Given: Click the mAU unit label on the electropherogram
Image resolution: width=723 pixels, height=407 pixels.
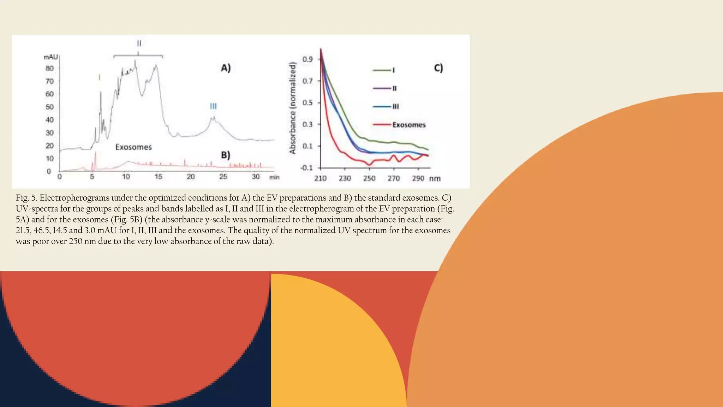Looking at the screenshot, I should point(51,57).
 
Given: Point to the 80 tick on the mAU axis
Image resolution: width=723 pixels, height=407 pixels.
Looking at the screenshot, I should point(50,68).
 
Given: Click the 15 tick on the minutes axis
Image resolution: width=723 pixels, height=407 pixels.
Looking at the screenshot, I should point(159,176).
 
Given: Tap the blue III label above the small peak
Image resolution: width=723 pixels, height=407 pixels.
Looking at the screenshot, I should point(213,106).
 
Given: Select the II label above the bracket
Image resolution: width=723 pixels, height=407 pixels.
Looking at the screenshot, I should point(139,43).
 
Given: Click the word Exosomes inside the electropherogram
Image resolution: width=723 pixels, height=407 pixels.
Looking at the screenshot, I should point(133,147).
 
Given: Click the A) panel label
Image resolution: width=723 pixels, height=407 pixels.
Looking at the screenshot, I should point(226,68).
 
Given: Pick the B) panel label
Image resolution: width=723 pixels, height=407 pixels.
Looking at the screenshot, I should point(225,155).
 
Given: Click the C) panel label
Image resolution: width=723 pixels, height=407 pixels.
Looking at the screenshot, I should point(438,68).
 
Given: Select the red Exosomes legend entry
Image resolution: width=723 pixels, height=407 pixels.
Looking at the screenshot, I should point(408,125).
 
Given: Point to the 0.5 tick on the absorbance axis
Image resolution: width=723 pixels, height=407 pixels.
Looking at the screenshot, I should point(307,103).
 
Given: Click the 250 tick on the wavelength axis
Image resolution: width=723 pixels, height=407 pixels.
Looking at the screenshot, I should point(369,178).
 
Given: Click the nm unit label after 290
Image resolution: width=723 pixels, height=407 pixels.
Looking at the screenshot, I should point(435,179).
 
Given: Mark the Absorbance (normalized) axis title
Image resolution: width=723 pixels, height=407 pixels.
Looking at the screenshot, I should point(292,108).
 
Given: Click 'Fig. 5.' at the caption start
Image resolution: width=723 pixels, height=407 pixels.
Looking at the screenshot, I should point(26,198).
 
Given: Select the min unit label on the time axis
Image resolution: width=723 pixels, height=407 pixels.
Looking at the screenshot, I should point(274,177).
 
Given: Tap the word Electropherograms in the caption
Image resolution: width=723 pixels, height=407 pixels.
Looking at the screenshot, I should point(74,198).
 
